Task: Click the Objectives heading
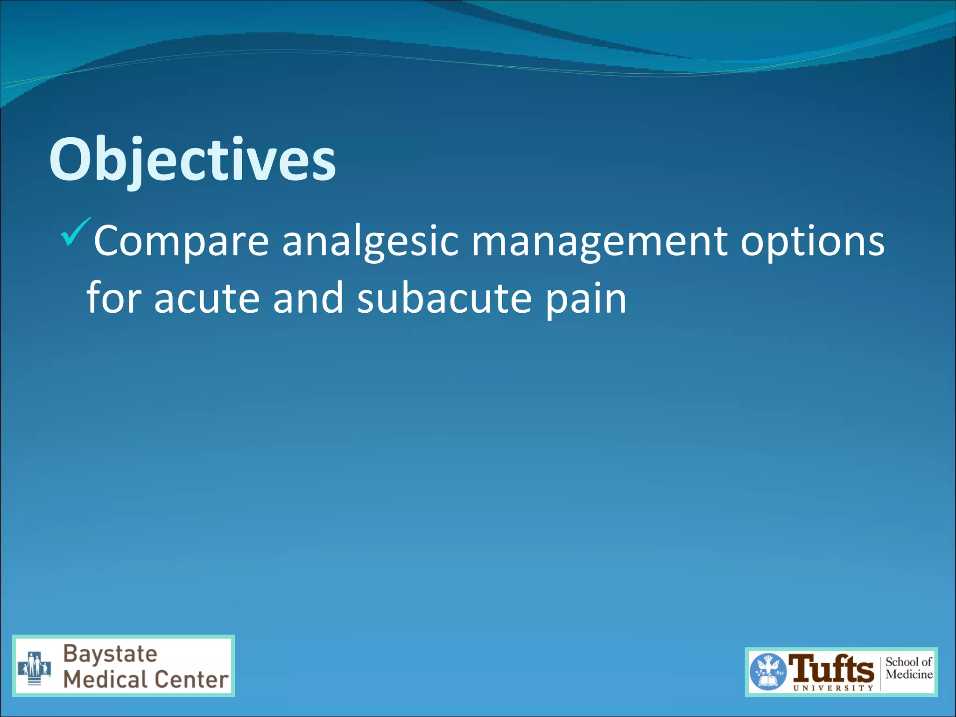[x=192, y=160]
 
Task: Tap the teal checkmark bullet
[x=75, y=232]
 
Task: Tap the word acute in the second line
[x=206, y=299]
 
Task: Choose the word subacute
[x=444, y=299]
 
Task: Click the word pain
[x=586, y=299]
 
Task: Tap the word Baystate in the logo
[x=110, y=654]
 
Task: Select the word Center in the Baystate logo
[x=192, y=679]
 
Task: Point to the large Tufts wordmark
[x=831, y=668]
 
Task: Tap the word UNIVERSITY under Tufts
[x=833, y=688]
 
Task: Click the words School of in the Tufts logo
[x=908, y=662]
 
